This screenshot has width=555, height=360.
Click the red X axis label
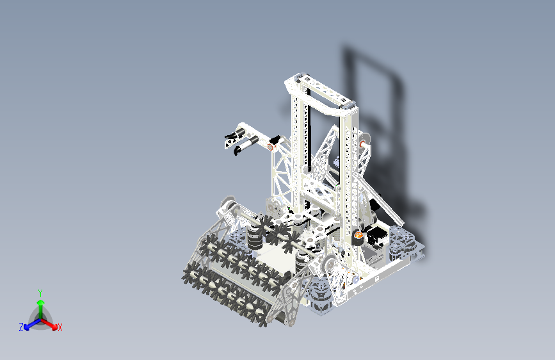click(x=60, y=328)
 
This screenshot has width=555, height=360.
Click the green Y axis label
click(x=40, y=292)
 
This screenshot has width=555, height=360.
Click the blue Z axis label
click(x=21, y=327)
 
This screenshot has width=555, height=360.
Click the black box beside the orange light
click(x=376, y=236)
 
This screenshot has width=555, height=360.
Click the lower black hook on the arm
click(x=238, y=149)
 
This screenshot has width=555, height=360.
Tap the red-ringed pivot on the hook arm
click(x=269, y=147)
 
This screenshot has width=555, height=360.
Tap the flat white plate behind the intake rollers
click(x=275, y=259)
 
